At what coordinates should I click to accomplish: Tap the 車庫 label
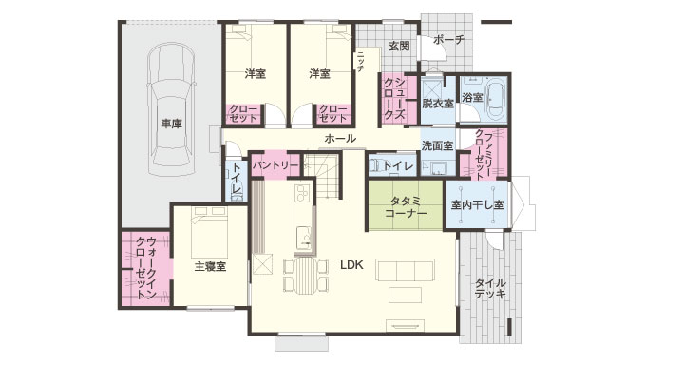[x=171, y=123]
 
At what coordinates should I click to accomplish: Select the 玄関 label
[x=398, y=46]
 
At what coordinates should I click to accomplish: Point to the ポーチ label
[x=446, y=40]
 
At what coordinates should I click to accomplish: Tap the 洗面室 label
[x=437, y=145]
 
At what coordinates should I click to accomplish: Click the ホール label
[x=340, y=139]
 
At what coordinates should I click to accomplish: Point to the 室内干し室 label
[x=477, y=204]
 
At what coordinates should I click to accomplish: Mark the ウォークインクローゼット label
[x=145, y=270]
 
